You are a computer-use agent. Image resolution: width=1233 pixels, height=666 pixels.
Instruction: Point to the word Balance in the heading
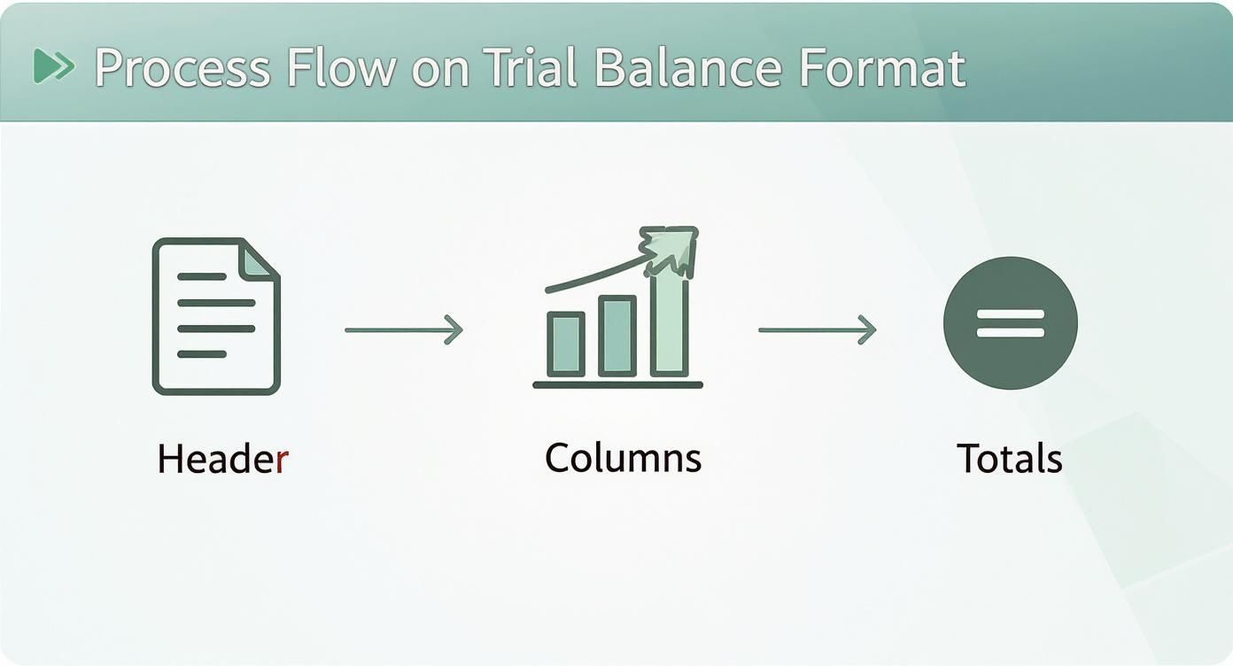[687, 68]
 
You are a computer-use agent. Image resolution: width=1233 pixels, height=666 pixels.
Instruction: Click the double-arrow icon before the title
[53, 66]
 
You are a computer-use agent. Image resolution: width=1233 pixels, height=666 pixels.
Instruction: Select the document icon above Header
[216, 316]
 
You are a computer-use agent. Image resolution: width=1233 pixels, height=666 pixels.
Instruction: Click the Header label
[222, 460]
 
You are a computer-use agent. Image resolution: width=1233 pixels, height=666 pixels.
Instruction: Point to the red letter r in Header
[282, 461]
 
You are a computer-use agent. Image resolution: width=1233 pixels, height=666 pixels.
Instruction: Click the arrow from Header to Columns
[404, 329]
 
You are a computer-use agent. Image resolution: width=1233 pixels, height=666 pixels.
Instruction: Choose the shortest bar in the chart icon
[565, 345]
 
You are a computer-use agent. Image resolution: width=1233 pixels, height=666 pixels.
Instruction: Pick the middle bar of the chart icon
[617, 337]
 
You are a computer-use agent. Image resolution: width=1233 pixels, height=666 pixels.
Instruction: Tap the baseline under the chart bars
[617, 385]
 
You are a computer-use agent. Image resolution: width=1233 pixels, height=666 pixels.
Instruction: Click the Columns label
[623, 458]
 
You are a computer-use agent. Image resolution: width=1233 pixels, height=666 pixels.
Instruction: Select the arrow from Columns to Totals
[817, 329]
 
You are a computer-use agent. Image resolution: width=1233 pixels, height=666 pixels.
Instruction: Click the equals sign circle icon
[1010, 322]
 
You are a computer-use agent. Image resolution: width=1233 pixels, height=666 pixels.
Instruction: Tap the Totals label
[1009, 459]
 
